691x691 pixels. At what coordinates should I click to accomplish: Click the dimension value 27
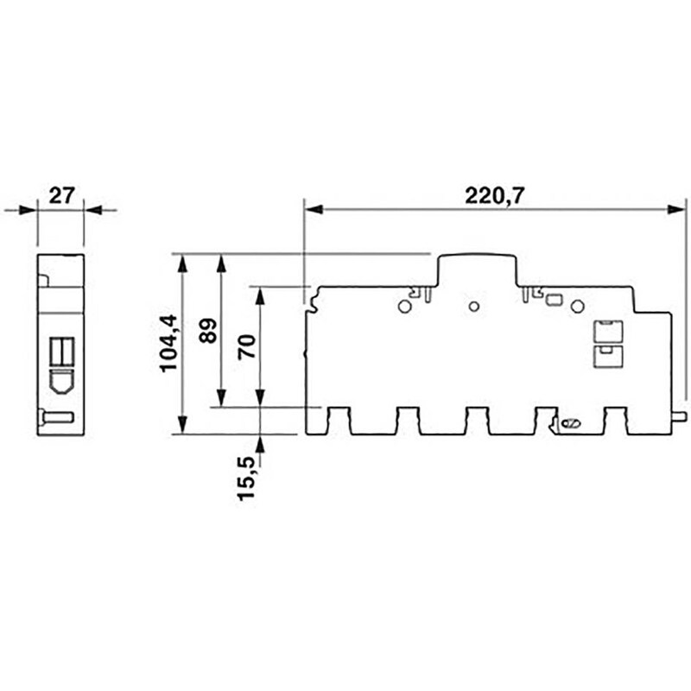click(60, 196)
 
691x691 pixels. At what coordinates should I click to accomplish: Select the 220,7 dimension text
click(495, 196)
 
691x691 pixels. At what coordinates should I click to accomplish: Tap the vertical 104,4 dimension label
click(168, 343)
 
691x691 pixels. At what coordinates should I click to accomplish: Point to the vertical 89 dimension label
click(208, 330)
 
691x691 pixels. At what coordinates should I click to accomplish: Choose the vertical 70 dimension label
click(246, 347)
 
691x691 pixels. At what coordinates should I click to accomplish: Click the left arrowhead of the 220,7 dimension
click(313, 209)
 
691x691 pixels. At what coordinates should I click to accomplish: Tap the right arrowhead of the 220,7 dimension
click(679, 209)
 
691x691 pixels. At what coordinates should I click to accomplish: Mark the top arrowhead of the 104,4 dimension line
click(182, 262)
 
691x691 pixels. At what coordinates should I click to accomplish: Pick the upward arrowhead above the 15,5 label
click(260, 443)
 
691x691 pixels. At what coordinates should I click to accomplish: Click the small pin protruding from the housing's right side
click(679, 417)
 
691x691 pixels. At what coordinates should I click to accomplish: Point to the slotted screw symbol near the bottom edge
click(569, 422)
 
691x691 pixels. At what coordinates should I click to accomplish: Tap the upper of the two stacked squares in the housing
click(605, 330)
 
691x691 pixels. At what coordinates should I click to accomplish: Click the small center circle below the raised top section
click(472, 306)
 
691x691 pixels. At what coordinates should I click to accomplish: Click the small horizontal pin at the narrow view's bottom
click(57, 418)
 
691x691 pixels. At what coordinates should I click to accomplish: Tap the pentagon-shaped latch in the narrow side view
click(61, 380)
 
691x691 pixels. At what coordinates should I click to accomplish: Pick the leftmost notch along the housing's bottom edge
click(339, 422)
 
